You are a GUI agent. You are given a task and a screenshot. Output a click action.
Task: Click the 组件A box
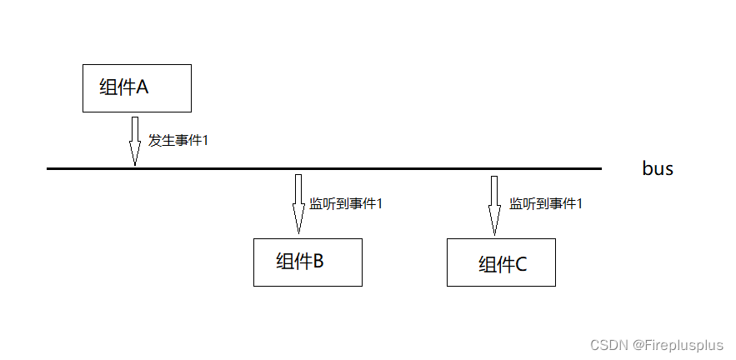137,87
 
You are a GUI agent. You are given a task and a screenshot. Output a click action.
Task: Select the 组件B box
308,262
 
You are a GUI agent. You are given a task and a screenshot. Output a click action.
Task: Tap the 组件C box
501,262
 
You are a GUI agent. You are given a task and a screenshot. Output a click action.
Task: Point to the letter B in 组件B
318,261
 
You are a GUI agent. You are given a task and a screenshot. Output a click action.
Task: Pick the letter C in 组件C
521,265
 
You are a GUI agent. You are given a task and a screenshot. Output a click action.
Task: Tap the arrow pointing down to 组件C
493,204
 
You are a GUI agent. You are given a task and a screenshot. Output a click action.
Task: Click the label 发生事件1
178,140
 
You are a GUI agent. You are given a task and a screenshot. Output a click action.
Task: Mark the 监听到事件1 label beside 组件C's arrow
546,203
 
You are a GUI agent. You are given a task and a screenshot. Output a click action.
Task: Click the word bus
657,168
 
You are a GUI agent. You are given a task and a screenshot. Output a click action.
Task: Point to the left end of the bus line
49,168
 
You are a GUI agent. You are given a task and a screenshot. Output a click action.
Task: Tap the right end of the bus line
599,168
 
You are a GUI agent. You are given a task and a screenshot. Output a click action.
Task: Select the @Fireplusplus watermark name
679,344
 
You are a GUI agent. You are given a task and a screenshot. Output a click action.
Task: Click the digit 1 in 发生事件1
204,140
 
